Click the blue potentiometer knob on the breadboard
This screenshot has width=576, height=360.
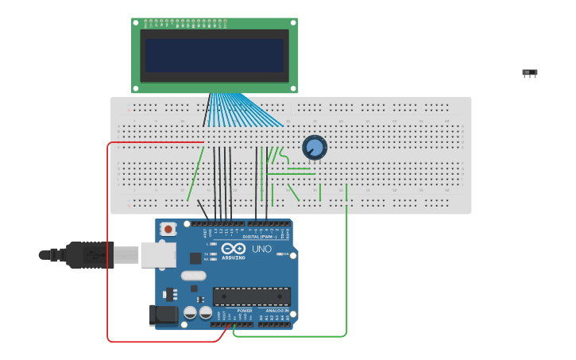[315, 147]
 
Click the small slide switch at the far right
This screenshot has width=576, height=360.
[530, 73]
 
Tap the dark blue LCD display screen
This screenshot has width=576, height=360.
[215, 56]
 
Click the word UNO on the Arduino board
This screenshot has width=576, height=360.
[262, 249]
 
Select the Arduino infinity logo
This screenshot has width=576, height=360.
[234, 249]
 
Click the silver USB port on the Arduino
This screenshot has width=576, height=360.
[158, 254]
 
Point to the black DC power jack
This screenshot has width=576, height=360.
[164, 315]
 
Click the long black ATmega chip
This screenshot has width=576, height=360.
[251, 296]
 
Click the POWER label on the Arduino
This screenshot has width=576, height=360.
[234, 311]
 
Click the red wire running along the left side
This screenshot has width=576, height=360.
[107, 238]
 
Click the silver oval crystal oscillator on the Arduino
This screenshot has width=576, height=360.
[193, 276]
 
